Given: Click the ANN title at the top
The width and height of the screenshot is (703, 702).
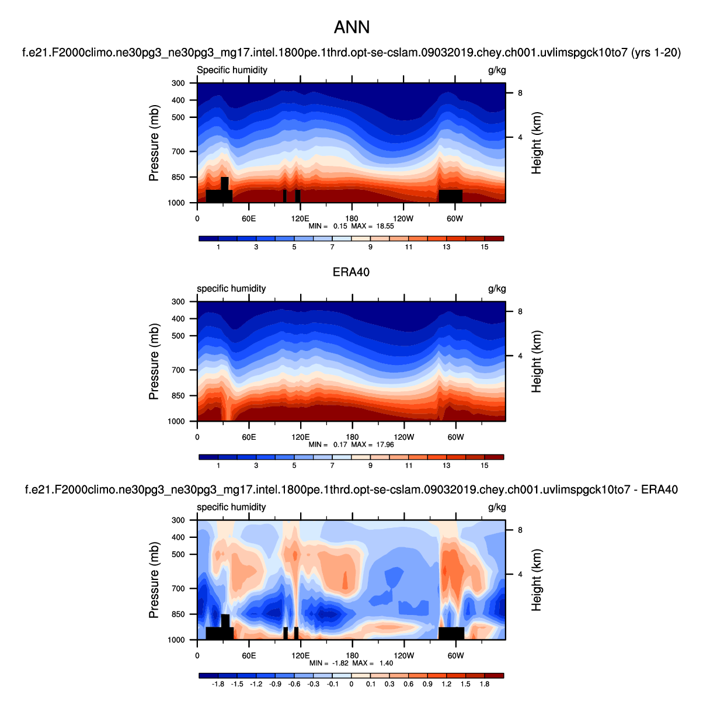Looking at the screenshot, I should click(x=351, y=27).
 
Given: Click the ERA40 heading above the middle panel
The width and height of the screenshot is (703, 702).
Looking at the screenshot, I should click(x=351, y=272).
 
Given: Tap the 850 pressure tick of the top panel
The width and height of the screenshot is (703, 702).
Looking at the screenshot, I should click(x=178, y=178).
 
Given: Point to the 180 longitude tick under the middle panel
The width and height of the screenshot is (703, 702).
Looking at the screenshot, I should click(x=351, y=437).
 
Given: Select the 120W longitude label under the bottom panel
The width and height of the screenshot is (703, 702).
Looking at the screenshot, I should click(x=403, y=655).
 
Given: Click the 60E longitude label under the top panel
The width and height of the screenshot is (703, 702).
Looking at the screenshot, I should click(x=249, y=218).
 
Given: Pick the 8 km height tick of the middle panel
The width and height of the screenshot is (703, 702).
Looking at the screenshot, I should click(x=520, y=311).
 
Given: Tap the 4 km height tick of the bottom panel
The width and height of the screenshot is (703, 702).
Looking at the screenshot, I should click(x=520, y=574).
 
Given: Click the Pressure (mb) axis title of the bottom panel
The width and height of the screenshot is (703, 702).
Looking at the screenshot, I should click(x=154, y=580).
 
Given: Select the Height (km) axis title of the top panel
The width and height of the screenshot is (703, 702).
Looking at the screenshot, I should click(x=537, y=143).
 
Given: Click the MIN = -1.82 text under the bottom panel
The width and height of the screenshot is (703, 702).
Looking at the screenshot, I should click(x=328, y=663).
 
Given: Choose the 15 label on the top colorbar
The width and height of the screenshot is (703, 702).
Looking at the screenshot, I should click(x=485, y=247).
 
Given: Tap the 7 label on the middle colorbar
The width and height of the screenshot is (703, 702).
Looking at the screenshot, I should click(x=332, y=465).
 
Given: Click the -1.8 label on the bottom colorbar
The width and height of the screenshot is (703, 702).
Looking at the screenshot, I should click(x=218, y=684).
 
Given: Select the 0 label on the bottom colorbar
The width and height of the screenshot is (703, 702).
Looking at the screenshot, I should click(x=351, y=684).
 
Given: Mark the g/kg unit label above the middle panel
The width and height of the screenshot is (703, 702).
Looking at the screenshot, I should click(x=497, y=289).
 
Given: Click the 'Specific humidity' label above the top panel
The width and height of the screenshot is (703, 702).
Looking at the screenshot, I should click(x=232, y=70).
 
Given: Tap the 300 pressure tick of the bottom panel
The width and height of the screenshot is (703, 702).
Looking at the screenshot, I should click(x=178, y=520).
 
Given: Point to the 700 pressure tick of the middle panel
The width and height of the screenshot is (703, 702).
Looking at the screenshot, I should click(x=178, y=370).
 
